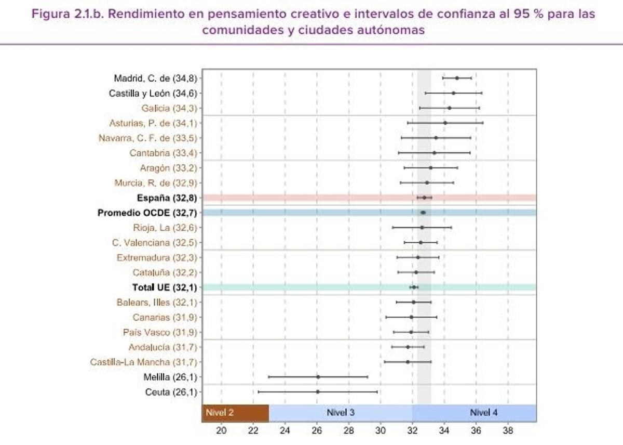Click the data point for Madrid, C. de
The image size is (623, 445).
pyautogui.click(x=457, y=78)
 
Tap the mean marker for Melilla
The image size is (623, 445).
pyautogui.click(x=318, y=377)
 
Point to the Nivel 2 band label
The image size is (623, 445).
pyautogui.click(x=220, y=413)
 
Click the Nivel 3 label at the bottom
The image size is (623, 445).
pyautogui.click(x=341, y=413)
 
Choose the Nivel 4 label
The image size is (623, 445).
pyautogui.click(x=484, y=413)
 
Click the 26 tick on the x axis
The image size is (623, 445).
pyautogui.click(x=317, y=430)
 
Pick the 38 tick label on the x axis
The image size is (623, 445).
pyautogui.click(x=508, y=430)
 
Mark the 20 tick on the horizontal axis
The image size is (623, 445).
pyautogui.click(x=222, y=430)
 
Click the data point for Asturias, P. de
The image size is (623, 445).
pyautogui.click(x=445, y=123)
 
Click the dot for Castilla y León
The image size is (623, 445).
pyautogui.click(x=453, y=93)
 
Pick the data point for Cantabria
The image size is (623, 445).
pyautogui.click(x=434, y=153)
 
